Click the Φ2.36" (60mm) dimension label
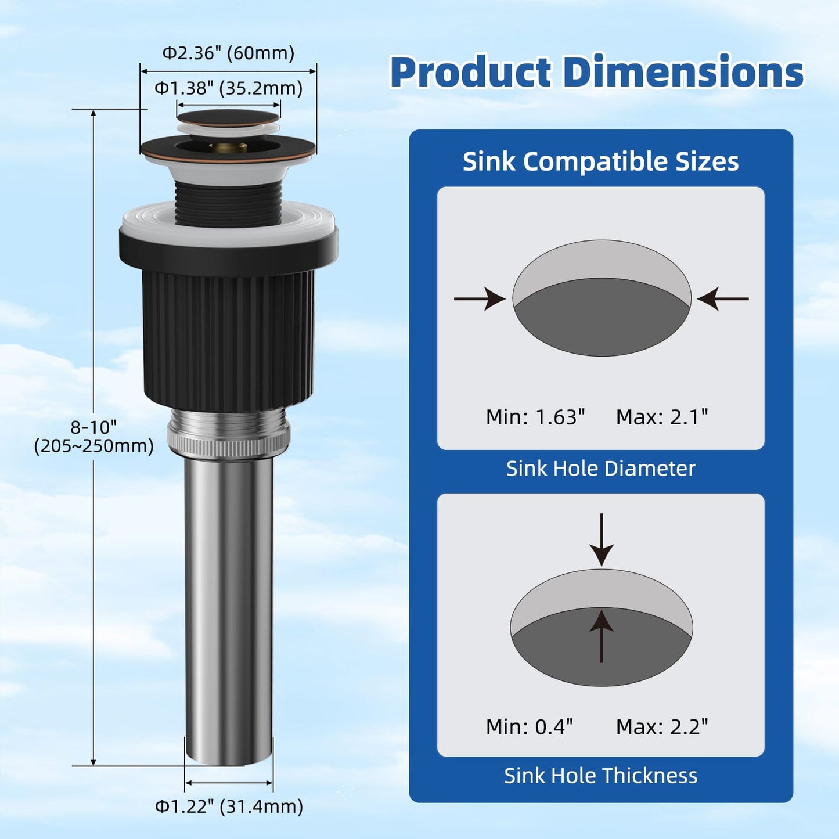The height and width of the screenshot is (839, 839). click(228, 53)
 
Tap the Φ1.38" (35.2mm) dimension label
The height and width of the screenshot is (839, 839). click(228, 88)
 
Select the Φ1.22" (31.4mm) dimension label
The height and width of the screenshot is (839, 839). click(229, 806)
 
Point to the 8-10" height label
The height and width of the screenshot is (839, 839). click(93, 427)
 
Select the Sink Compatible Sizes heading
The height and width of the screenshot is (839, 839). click(600, 161)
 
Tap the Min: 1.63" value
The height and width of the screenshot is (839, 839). click(535, 417)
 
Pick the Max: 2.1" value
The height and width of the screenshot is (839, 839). click(662, 417)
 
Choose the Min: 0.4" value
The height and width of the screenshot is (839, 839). click(530, 726)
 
